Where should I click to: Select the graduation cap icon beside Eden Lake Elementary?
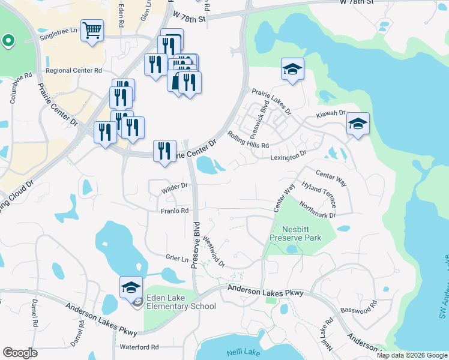[x=131, y=287]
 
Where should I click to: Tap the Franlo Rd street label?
[x=175, y=211]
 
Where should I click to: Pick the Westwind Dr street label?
[x=214, y=251]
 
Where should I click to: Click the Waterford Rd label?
[x=139, y=347]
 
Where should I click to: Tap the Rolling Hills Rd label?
[x=248, y=140]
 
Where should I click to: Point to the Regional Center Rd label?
[x=73, y=70]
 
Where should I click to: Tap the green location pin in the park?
[x=8, y=41]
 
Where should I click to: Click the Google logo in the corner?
[x=20, y=353]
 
